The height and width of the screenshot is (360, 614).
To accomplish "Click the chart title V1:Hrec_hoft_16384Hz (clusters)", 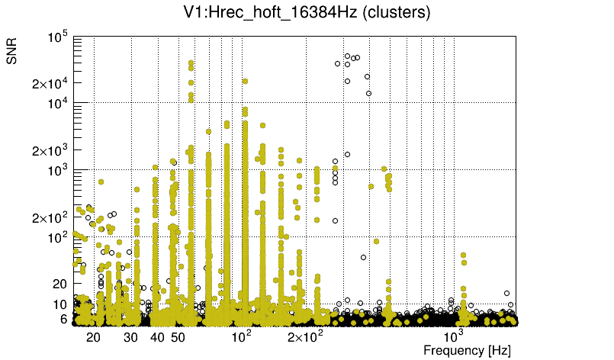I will [307, 12].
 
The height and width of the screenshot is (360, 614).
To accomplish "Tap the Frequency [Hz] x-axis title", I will [467, 350].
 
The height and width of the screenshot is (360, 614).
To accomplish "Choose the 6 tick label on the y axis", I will [64, 320].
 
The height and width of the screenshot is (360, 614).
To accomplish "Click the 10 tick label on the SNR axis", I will [61, 304].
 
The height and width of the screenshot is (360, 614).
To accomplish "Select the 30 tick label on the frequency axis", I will [131, 336].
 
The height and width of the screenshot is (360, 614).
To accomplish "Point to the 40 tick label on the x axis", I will [158, 336].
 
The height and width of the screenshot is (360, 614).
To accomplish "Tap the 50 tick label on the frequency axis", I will [178, 336].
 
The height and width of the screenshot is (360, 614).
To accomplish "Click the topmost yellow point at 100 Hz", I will [245, 81].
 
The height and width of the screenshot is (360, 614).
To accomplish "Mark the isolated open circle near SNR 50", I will [364, 257].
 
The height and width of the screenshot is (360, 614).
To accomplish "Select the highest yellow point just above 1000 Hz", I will [463, 256].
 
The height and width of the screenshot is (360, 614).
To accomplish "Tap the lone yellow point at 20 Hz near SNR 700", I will [100, 182].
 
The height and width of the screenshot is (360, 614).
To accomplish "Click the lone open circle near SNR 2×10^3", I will [347, 154].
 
